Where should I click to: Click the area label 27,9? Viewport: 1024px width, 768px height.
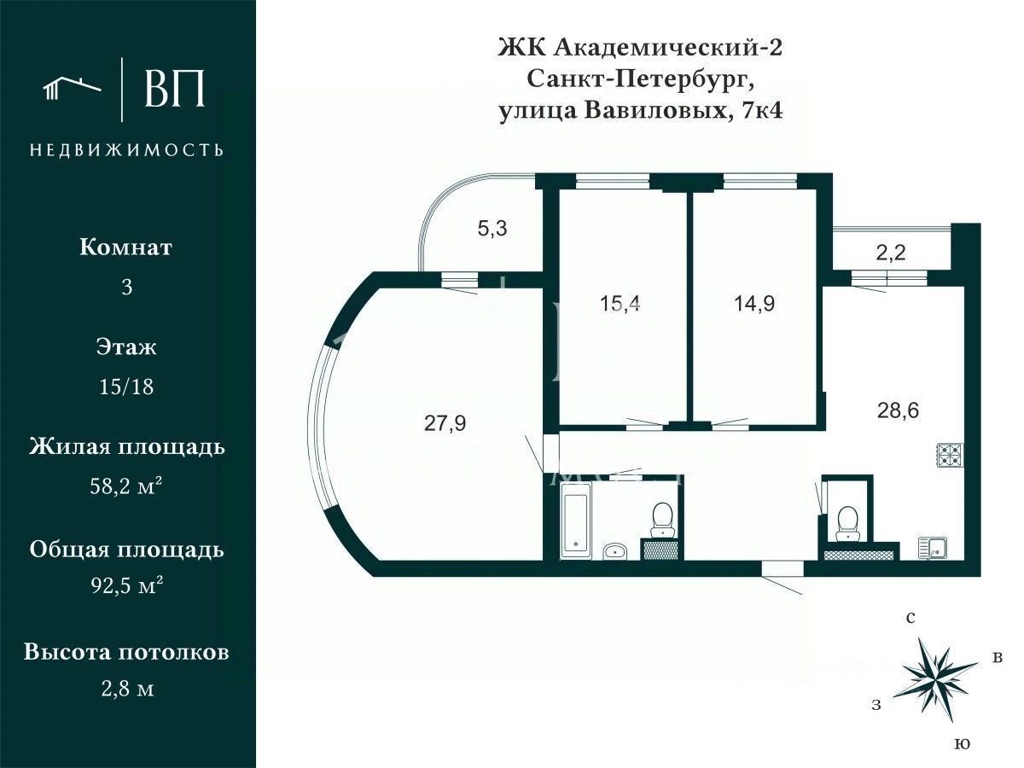pyautogui.click(x=445, y=422)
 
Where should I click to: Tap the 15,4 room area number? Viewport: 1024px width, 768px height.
pyautogui.click(x=620, y=303)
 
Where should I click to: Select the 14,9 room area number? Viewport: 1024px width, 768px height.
pyautogui.click(x=753, y=303)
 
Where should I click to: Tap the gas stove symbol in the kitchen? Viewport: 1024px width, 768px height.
pyautogui.click(x=949, y=455)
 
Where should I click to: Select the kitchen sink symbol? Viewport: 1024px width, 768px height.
pyautogui.click(x=932, y=547)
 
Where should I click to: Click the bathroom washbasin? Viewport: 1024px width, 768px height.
pyautogui.click(x=614, y=550)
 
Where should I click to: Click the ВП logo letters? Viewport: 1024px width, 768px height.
pyautogui.click(x=175, y=88)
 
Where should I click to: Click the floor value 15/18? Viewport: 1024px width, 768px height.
pyautogui.click(x=127, y=387)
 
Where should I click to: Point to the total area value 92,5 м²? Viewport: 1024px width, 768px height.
pyautogui.click(x=127, y=586)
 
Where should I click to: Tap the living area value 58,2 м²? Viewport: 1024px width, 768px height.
pyautogui.click(x=127, y=486)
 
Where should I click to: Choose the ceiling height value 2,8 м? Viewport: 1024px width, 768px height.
pyautogui.click(x=127, y=688)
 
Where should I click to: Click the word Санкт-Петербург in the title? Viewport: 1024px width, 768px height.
pyautogui.click(x=640, y=79)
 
